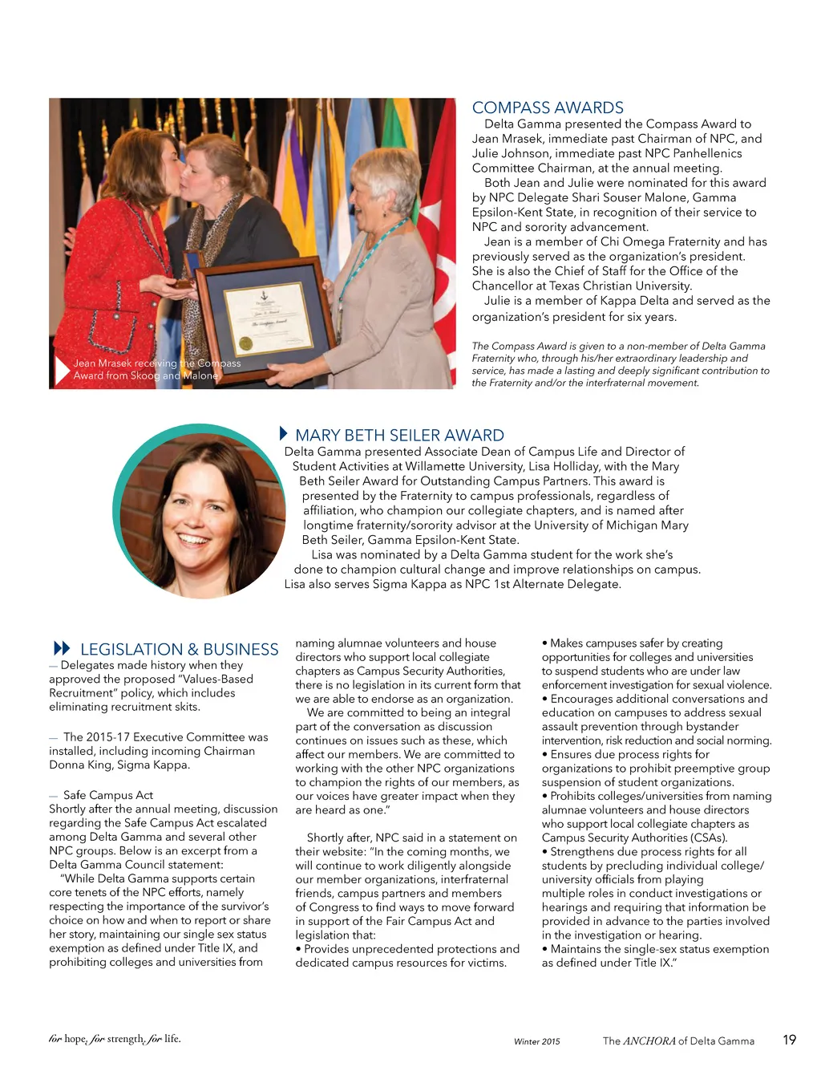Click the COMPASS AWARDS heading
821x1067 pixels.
[548, 108]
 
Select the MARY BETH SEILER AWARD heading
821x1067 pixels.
[399, 436]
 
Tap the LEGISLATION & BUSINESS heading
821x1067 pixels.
[179, 649]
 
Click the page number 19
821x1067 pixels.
[789, 1040]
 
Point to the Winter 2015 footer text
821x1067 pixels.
[536, 1041]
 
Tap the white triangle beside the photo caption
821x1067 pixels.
[61, 370]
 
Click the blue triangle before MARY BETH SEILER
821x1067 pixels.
[283, 433]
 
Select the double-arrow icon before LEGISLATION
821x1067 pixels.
[62, 648]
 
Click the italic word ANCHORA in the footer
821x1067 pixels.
[649, 1041]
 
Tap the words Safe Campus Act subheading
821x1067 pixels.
[108, 795]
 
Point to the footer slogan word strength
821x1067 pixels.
[125, 1039]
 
